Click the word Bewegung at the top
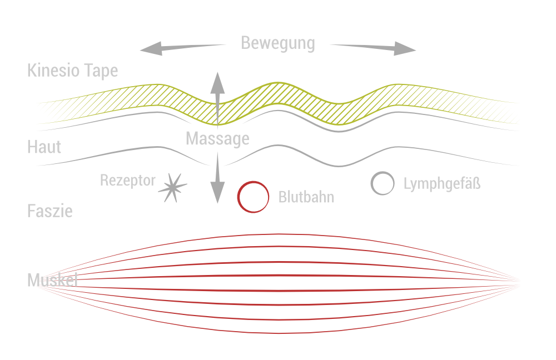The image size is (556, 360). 278,43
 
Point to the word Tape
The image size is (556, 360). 101,72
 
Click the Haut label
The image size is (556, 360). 44,147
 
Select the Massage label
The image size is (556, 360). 217,139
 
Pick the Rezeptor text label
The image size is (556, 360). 128,181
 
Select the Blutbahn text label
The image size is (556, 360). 306,197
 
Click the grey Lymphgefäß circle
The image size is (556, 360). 382,183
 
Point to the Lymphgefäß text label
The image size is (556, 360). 441,184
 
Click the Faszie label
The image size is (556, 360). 49,211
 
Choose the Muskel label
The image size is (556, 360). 52,281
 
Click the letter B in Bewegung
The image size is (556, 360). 246,43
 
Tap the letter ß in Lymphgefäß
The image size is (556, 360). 476,183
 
